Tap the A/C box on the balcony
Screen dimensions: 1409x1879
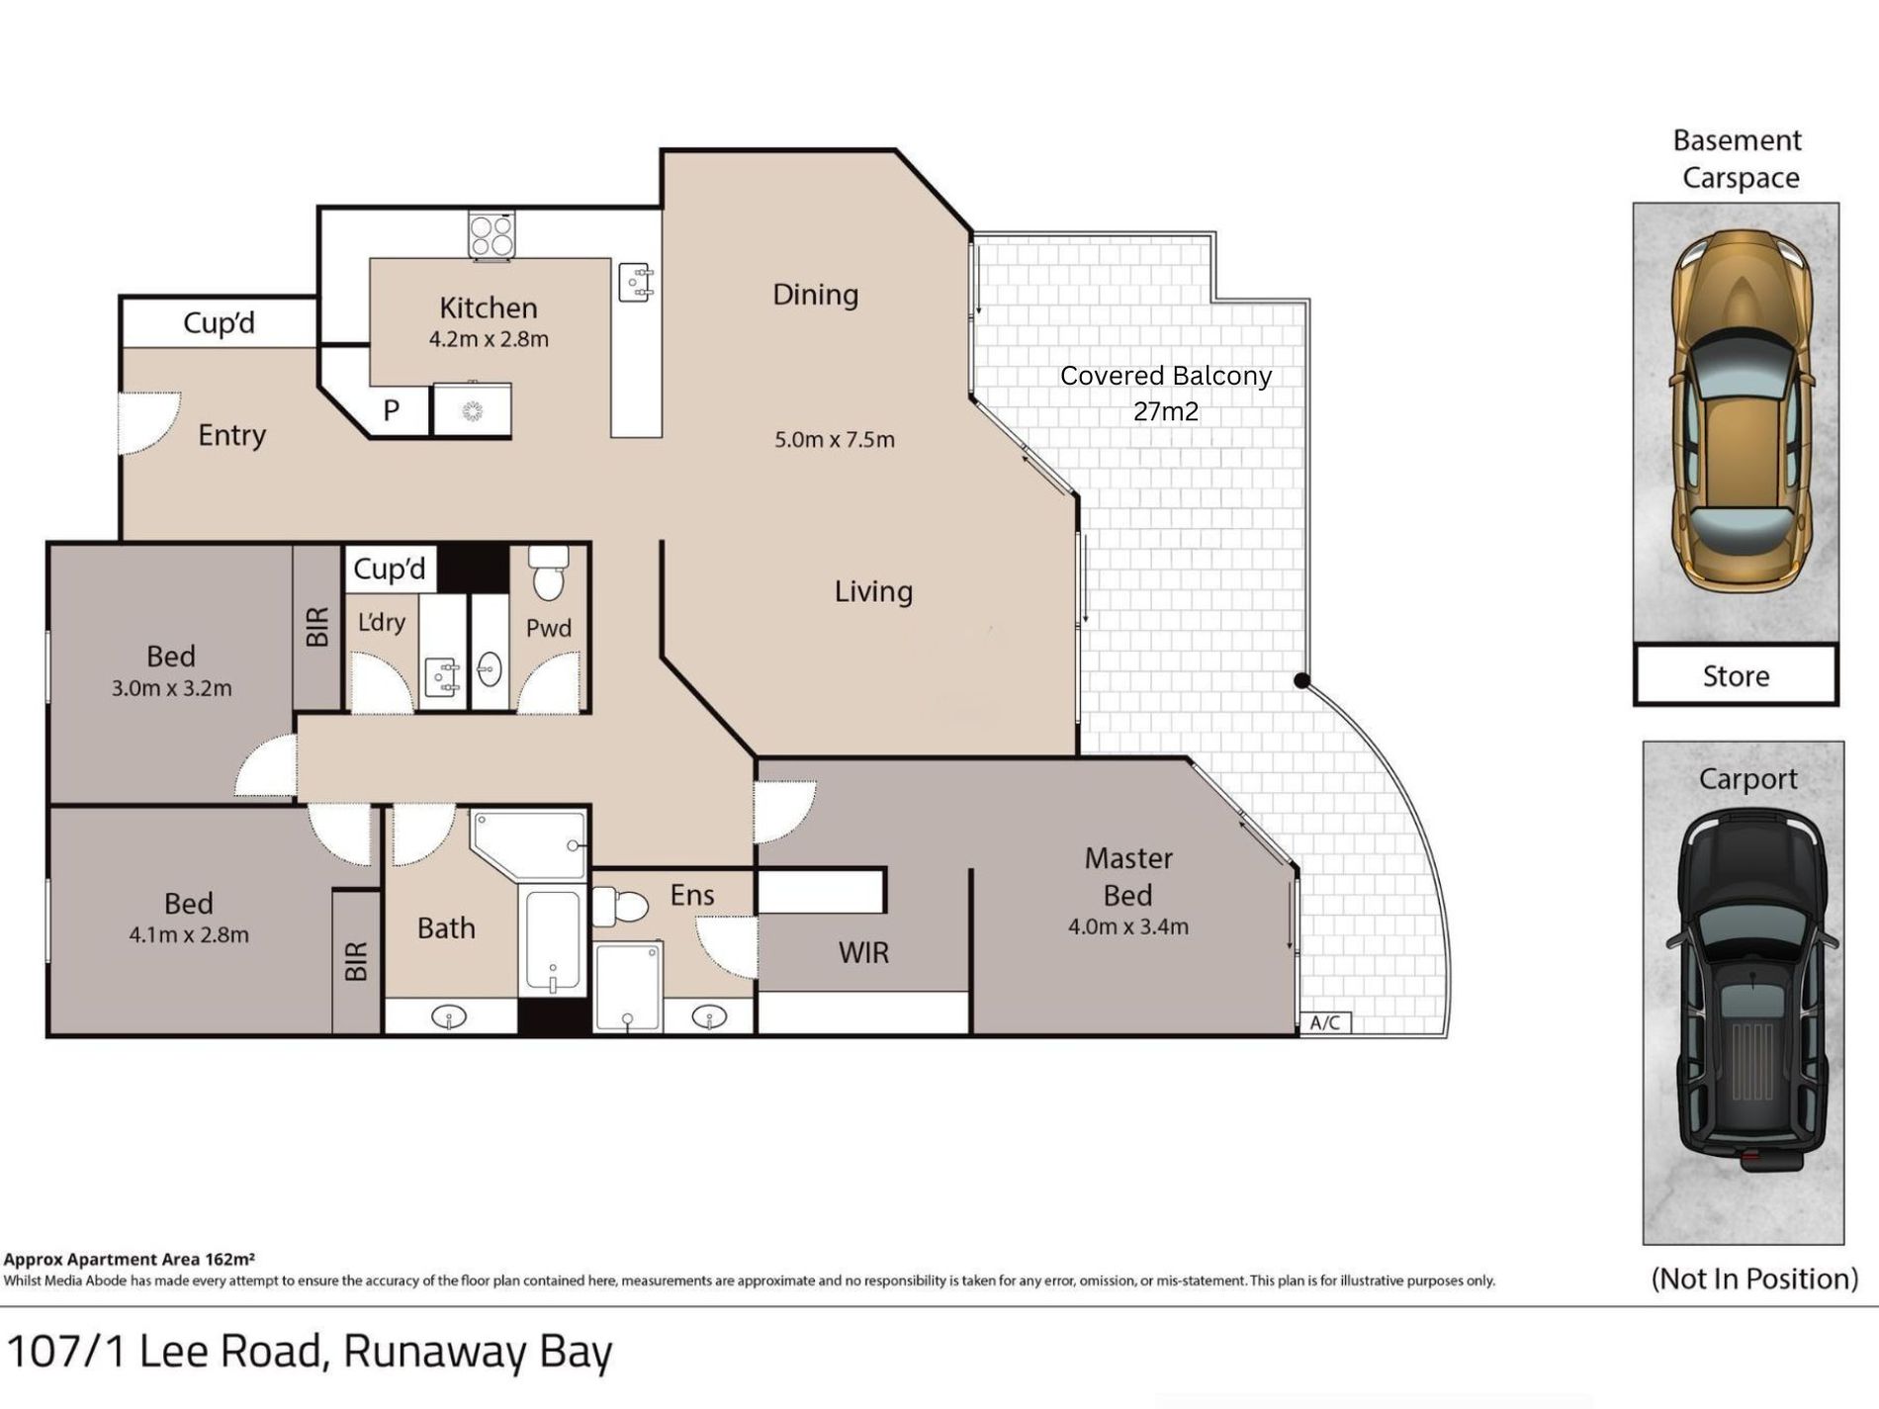tap(1324, 1023)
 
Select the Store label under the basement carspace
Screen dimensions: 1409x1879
tap(1736, 676)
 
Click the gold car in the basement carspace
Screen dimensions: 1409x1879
tap(1741, 412)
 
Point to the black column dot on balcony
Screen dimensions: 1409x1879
tap(1302, 680)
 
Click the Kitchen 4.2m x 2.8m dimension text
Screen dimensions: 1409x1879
tap(489, 339)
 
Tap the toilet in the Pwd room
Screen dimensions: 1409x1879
tap(549, 573)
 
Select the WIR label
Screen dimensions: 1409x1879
tap(863, 952)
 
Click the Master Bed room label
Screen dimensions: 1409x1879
tap(1128, 876)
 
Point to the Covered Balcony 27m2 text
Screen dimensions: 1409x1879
tap(1165, 393)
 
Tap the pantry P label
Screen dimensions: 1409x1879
tap(392, 410)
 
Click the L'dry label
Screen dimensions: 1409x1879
tap(381, 622)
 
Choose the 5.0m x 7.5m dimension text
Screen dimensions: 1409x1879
tap(834, 440)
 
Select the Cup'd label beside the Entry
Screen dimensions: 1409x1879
tap(219, 323)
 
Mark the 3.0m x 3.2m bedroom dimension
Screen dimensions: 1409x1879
tap(171, 688)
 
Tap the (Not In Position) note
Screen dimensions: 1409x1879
tap(1754, 1278)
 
